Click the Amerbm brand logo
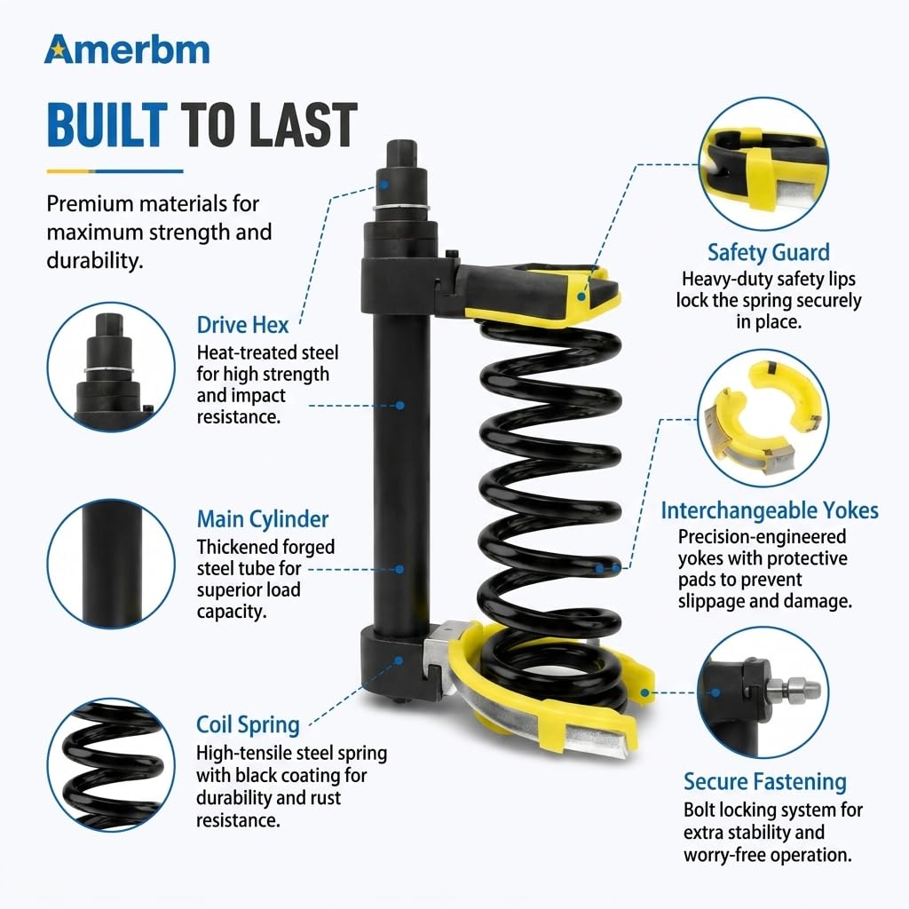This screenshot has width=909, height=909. (127, 50)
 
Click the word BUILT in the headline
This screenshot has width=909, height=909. (107, 124)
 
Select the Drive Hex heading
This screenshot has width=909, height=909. (242, 325)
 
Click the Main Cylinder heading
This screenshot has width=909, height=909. (263, 519)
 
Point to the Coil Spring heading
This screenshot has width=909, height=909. (248, 725)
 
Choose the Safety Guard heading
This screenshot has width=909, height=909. (768, 253)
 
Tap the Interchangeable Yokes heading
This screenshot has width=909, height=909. (770, 510)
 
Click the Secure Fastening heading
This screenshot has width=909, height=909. (764, 782)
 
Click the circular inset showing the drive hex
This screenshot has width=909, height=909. (111, 367)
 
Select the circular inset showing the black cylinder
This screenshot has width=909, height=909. (111, 564)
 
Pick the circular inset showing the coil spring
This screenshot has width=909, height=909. (111, 764)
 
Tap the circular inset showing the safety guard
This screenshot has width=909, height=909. (763, 164)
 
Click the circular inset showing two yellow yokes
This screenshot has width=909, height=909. (763, 418)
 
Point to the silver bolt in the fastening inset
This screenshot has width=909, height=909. (794, 689)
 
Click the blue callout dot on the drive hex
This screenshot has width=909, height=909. (383, 185)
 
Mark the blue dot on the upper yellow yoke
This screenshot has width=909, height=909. (581, 296)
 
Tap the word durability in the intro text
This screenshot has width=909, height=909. (94, 261)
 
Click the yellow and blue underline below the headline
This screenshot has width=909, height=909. (115, 171)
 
